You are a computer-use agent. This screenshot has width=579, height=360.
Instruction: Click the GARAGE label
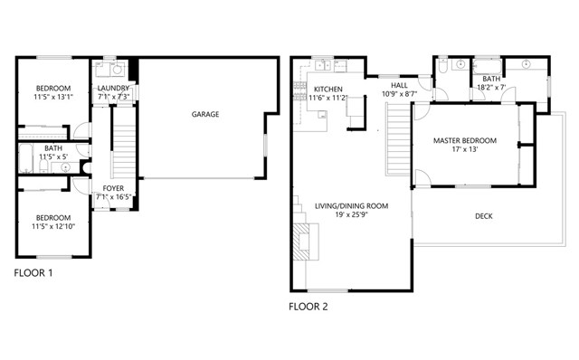point(204,115)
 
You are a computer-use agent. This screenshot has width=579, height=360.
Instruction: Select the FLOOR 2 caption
point(308,307)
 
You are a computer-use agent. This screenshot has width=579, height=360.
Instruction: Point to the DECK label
point(485,216)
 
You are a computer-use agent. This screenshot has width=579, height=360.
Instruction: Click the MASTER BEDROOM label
point(464,141)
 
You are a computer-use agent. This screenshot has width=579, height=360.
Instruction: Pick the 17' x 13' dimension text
point(464,151)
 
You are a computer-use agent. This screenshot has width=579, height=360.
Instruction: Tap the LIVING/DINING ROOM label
point(351,206)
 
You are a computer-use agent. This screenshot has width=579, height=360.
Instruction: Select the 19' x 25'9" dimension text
point(351,216)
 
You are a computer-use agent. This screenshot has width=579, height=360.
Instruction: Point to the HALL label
point(398,85)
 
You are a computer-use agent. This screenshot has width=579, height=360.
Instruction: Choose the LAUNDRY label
point(114,87)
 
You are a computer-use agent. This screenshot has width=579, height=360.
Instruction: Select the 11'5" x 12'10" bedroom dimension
point(54,228)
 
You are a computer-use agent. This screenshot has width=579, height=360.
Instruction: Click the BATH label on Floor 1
point(53,148)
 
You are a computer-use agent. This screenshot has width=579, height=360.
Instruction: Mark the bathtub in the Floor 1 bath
point(25,158)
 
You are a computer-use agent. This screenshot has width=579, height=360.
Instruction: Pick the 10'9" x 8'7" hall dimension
point(398,94)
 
